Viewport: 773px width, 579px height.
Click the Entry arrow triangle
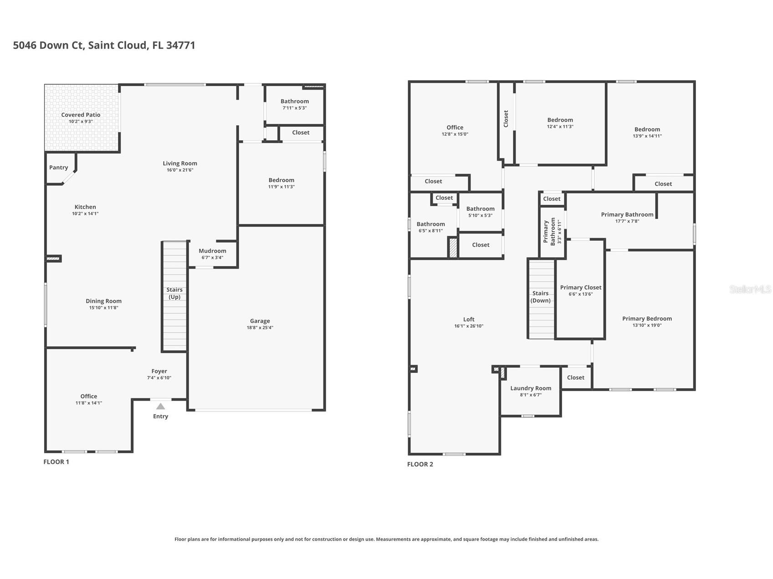(160, 406)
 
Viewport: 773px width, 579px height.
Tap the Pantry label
(59, 168)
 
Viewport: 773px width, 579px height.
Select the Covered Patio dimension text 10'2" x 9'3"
(81, 122)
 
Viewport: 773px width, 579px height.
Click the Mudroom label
(212, 251)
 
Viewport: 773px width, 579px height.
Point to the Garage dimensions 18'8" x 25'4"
(260, 328)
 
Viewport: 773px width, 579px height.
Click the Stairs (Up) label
(174, 293)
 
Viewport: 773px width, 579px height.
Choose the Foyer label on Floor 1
(159, 371)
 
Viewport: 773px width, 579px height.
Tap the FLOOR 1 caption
(56, 462)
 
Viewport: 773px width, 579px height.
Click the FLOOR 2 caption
(420, 464)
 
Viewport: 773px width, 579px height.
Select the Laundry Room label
(531, 388)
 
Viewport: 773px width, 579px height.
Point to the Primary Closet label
(581, 287)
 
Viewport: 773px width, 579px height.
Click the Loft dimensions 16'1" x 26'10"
(469, 326)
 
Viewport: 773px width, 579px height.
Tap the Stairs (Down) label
(541, 297)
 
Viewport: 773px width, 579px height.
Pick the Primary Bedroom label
(647, 319)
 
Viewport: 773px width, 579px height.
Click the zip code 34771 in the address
(181, 45)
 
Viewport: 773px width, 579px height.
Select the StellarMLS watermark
(750, 289)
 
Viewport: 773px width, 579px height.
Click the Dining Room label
(104, 301)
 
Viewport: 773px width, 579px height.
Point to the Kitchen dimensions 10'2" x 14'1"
(85, 213)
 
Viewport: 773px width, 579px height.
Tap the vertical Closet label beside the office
(506, 119)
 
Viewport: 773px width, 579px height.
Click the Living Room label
(180, 163)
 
